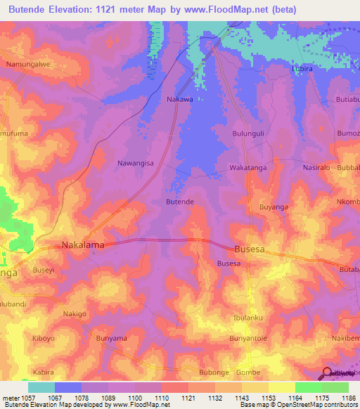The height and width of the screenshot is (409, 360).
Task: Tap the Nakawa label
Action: (180, 99)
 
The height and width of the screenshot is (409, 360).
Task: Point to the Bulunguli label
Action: (247, 133)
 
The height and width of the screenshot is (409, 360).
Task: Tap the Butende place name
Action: (179, 202)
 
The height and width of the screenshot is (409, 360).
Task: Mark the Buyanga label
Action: (274, 207)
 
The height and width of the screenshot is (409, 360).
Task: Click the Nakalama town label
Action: (83, 245)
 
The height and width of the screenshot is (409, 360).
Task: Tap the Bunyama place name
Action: (112, 339)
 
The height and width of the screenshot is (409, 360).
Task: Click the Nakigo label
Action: (75, 313)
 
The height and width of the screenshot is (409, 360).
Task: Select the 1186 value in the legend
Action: (348, 398)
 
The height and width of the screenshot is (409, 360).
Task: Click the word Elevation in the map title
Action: (78, 9)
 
